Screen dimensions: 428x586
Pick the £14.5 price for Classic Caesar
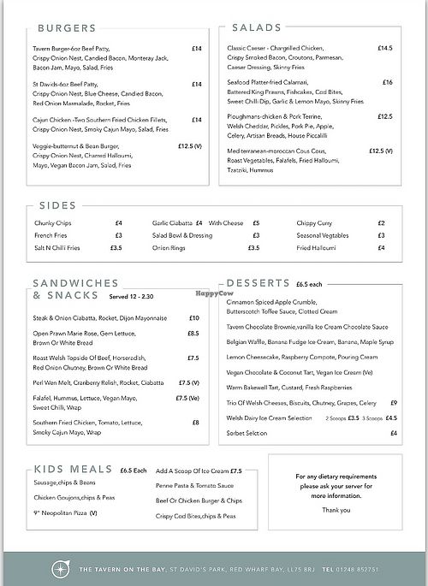(384, 49)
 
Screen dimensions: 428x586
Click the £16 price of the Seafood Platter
(387, 82)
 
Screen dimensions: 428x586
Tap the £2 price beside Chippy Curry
(381, 222)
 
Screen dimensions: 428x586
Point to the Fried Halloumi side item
(317, 247)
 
